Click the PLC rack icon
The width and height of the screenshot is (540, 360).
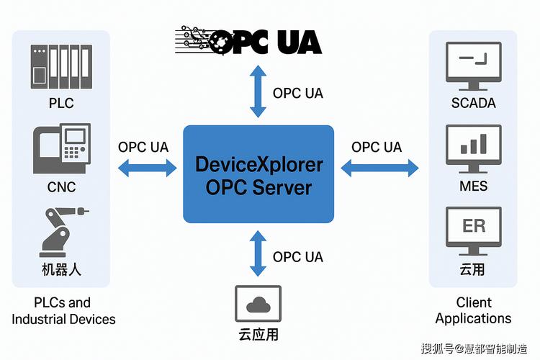62,66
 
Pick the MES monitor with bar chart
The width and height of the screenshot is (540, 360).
473,148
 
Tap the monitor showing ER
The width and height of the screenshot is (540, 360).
473,230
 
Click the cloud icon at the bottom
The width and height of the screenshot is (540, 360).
258,305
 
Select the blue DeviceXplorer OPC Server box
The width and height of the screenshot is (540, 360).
258,174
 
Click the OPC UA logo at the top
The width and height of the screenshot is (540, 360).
249,42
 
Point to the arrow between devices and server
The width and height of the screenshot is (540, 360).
147,168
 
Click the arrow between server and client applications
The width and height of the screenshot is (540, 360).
379,168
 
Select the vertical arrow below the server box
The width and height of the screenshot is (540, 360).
258,253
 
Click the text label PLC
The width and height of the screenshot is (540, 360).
61,103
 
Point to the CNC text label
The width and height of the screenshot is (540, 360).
61,187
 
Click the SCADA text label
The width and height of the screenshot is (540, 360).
473,103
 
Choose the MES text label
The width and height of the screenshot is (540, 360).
473,186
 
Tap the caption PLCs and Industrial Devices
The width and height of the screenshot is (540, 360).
63,310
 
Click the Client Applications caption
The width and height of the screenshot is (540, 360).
473,310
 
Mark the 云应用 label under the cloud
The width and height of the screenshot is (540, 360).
258,334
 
